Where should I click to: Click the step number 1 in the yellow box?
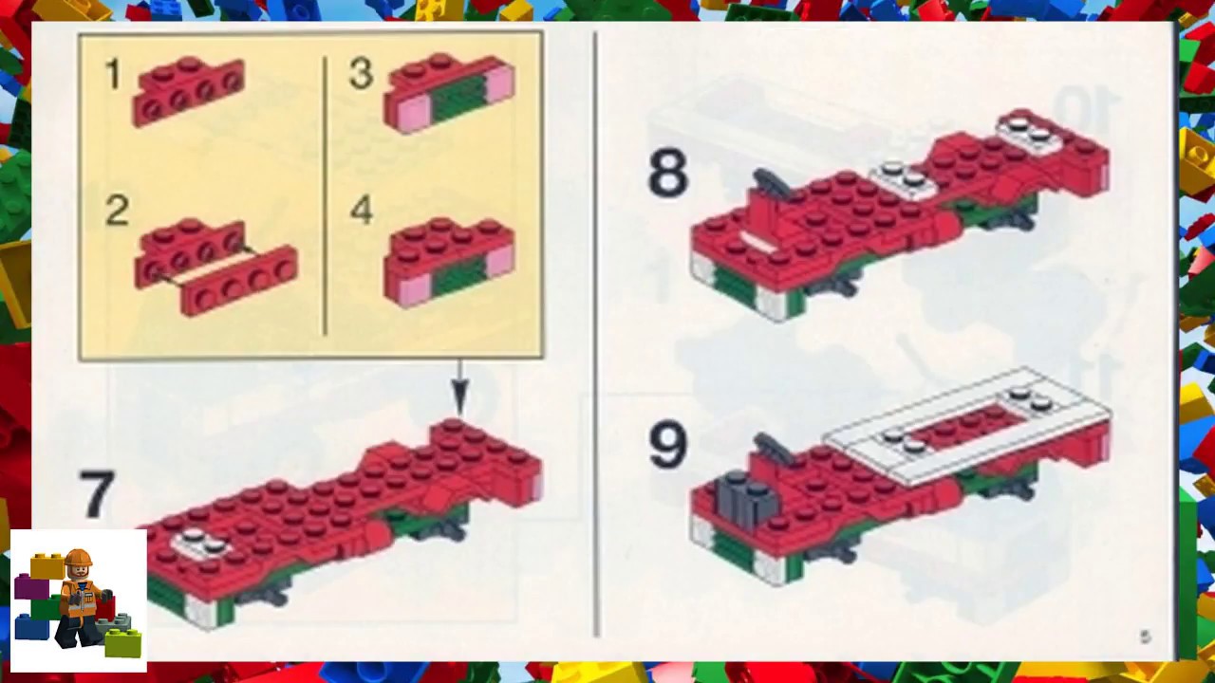tap(113, 75)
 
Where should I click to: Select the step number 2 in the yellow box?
tap(116, 211)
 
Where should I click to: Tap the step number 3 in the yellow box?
tap(361, 74)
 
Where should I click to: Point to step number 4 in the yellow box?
tap(361, 210)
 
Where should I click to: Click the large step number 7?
tap(97, 495)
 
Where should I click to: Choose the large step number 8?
tap(667, 174)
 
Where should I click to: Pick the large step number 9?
tap(667, 445)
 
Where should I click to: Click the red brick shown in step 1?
tap(189, 89)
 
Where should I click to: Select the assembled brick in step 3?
tap(448, 91)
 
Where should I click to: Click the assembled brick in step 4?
tap(448, 260)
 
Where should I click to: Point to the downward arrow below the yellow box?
tap(459, 389)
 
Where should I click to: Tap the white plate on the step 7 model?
tap(201, 542)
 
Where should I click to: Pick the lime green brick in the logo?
tap(123, 643)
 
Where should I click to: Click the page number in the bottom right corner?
tap(1145, 637)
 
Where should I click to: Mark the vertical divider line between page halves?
tap(596, 332)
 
